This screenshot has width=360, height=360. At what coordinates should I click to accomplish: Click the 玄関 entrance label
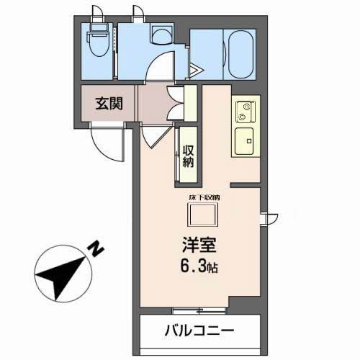[109, 102]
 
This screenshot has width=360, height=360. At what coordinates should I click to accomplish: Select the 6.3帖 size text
[196, 266]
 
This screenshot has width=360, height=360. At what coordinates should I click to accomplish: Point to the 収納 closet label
[188, 156]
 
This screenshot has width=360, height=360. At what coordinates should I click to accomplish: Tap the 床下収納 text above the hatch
[204, 197]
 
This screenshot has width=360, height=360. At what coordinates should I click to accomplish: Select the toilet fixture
[97, 45]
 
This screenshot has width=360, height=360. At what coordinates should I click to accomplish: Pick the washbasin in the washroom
[161, 36]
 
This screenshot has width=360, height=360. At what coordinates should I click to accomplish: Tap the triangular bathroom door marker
[197, 70]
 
